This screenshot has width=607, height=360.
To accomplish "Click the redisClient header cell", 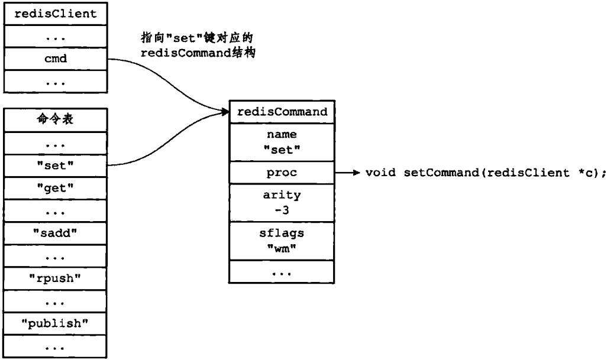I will [56, 14].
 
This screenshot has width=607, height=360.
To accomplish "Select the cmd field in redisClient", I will [56, 59].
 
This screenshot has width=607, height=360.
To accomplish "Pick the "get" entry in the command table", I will [56, 188].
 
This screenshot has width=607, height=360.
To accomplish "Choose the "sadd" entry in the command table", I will [56, 233].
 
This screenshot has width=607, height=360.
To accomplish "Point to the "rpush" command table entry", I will [56, 279].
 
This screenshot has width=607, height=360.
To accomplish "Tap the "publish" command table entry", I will [56, 324].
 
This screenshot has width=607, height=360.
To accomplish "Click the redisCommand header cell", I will [281, 112].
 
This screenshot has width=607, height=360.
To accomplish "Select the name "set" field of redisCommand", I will [281, 142].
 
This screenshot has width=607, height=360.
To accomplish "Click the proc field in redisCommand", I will [281, 173].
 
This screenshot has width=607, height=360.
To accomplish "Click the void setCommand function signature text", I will [486, 173].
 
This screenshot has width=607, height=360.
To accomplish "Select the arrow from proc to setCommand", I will [346, 173].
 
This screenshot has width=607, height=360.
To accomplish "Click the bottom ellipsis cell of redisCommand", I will [281, 273].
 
